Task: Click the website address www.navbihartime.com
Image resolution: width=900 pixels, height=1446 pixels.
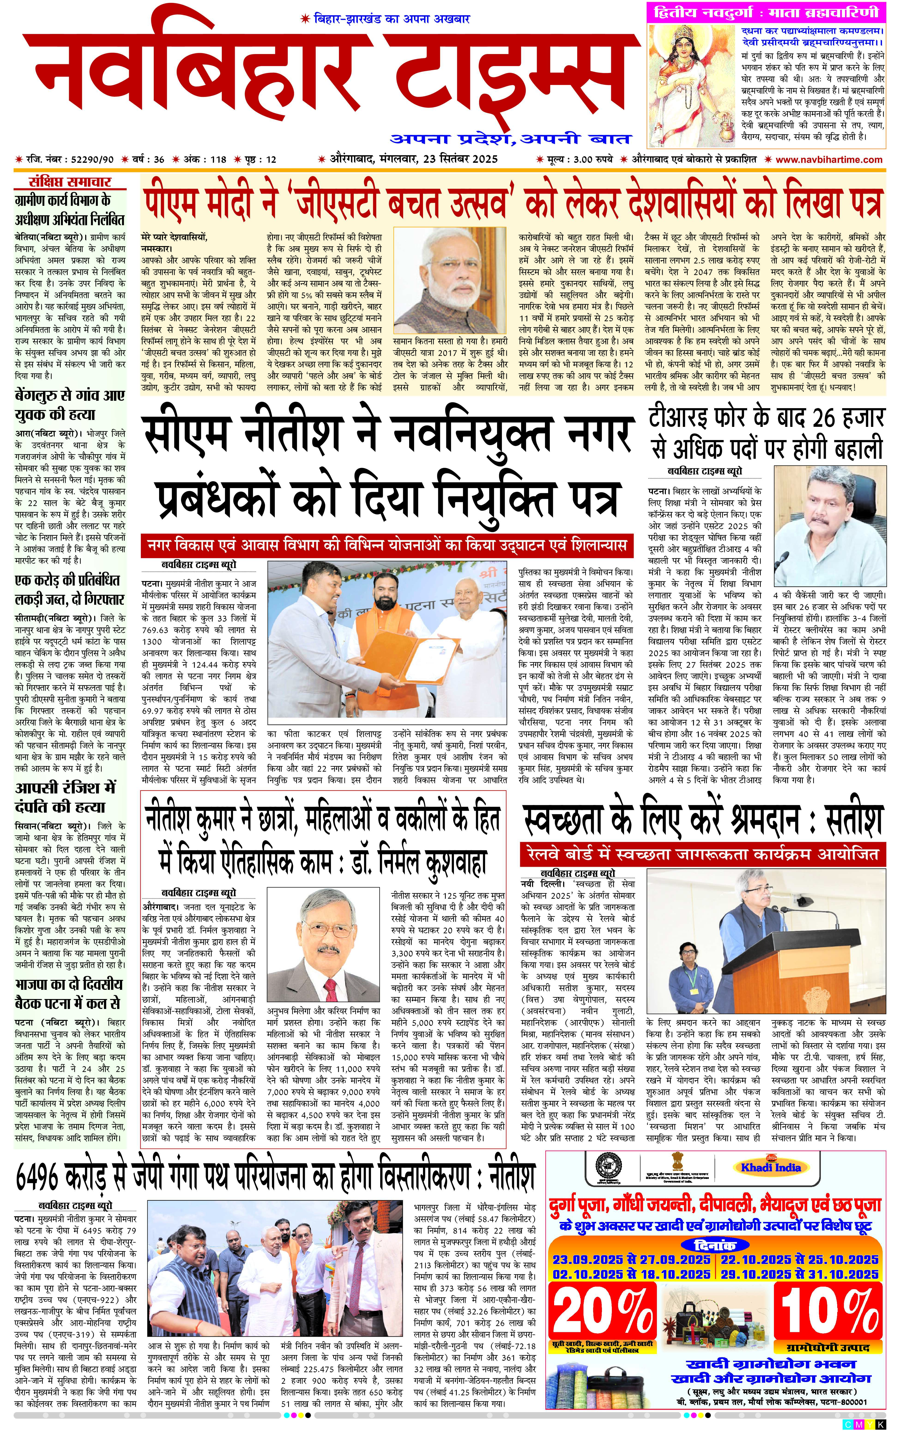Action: click(x=829, y=160)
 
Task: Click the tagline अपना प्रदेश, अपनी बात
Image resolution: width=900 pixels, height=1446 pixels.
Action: click(x=510, y=139)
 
